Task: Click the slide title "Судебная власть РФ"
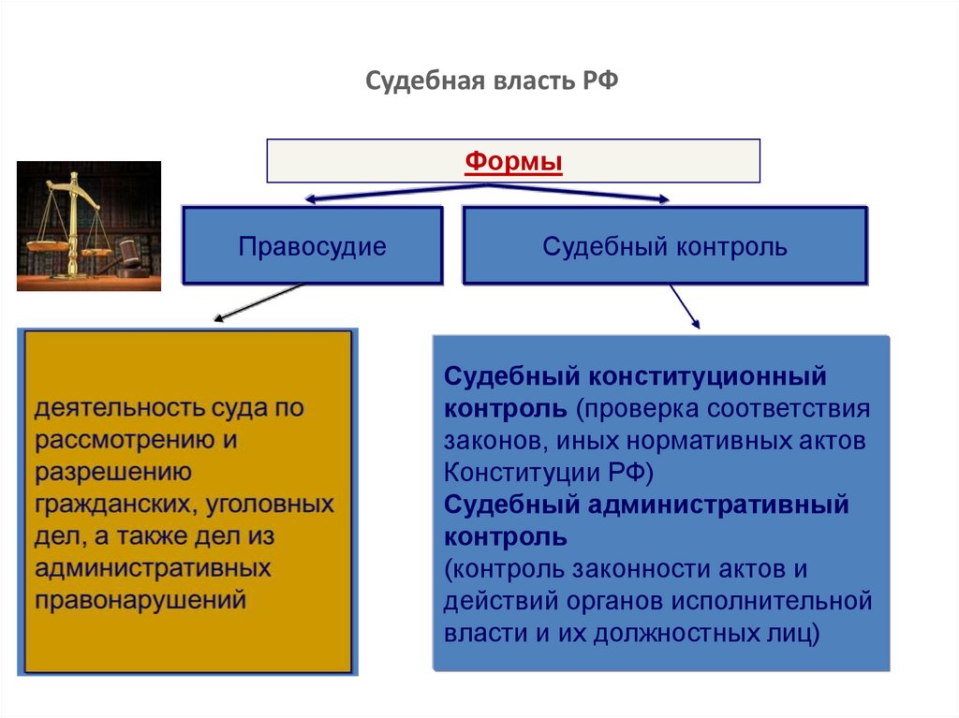(492, 81)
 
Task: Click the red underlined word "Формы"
(513, 162)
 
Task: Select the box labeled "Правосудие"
(312, 247)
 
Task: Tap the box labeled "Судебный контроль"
(665, 247)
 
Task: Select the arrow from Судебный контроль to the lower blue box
(685, 306)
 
